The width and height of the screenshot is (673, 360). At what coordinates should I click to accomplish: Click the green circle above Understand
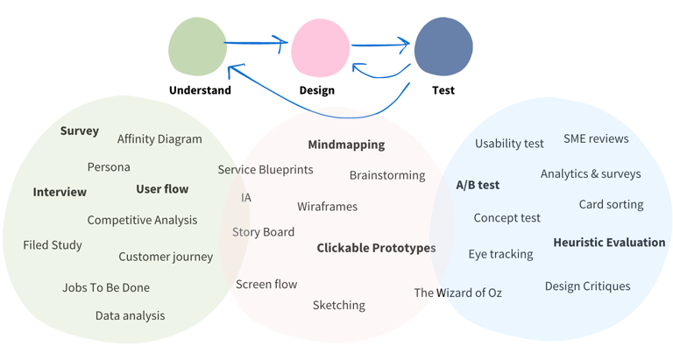click(x=198, y=47)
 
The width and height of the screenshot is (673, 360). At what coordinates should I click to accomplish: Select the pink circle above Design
click(x=321, y=49)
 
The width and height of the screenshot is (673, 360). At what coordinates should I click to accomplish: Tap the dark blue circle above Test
click(x=443, y=47)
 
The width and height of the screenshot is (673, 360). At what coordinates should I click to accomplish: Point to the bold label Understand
click(x=200, y=90)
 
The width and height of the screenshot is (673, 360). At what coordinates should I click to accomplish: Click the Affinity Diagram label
click(x=159, y=138)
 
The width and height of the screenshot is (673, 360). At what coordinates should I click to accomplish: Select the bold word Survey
click(x=79, y=131)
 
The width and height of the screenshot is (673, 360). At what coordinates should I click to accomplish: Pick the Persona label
click(x=109, y=166)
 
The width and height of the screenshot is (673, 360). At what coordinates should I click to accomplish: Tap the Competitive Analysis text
click(x=142, y=220)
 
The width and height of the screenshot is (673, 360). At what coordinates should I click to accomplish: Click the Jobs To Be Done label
click(x=106, y=287)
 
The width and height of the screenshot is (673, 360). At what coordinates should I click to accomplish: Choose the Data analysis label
click(x=130, y=315)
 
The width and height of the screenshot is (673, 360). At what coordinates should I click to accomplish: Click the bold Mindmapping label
click(x=346, y=145)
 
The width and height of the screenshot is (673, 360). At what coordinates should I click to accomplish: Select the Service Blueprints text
click(x=266, y=170)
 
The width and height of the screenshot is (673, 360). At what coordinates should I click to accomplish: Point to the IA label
click(x=246, y=198)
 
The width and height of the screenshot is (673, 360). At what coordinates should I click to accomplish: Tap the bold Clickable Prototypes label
click(x=376, y=248)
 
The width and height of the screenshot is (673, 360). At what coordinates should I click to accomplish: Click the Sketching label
click(x=339, y=305)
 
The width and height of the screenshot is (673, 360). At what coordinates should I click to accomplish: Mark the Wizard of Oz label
click(x=457, y=293)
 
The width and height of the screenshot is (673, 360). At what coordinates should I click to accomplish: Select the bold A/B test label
click(x=478, y=185)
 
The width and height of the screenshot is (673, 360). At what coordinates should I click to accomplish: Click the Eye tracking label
click(x=500, y=254)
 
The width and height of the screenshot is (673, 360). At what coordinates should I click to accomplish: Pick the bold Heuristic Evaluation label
click(x=609, y=243)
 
